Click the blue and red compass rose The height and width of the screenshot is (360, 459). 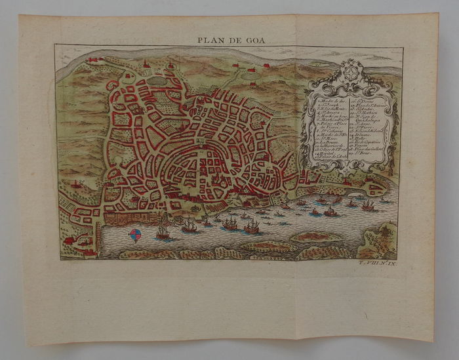136,235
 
